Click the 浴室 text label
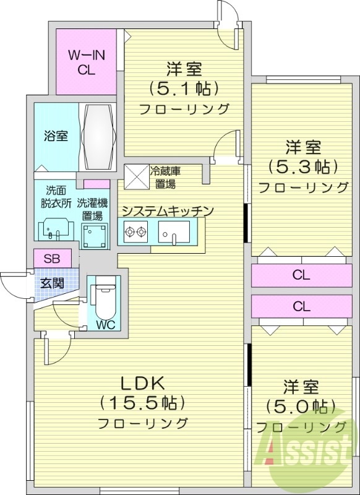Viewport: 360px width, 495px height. pyautogui.click(x=56, y=136)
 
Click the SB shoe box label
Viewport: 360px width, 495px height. pyautogui.click(x=52, y=258)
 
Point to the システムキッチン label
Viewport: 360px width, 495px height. pyautogui.click(x=167, y=211)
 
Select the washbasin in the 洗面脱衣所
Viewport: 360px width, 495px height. pyautogui.click(x=55, y=230)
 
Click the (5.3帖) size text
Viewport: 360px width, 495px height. pyautogui.click(x=303, y=167)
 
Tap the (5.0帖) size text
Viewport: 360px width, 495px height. pyautogui.click(x=301, y=407)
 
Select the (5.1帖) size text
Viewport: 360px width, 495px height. pyautogui.click(x=184, y=88)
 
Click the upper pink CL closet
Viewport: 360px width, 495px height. pyautogui.click(x=301, y=275)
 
